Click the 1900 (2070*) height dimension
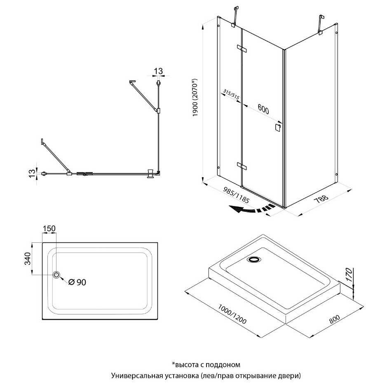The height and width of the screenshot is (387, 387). (195, 98)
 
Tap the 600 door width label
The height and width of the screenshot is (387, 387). (263, 109)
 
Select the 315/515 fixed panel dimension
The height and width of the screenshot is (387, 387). (231, 94)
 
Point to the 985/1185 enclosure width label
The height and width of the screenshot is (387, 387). (236, 195)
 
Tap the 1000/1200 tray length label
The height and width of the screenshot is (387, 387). (232, 314)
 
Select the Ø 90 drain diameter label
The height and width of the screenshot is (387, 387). (77, 282)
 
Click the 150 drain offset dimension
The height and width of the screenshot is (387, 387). (49, 229)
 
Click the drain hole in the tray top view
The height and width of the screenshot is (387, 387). (56, 274)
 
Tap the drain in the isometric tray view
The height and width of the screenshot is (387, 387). (254, 259)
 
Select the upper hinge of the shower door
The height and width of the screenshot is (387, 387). (242, 49)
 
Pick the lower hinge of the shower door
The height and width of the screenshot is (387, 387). (242, 166)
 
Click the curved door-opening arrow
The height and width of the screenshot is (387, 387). (252, 209)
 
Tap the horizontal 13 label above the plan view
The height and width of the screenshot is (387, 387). (158, 71)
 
